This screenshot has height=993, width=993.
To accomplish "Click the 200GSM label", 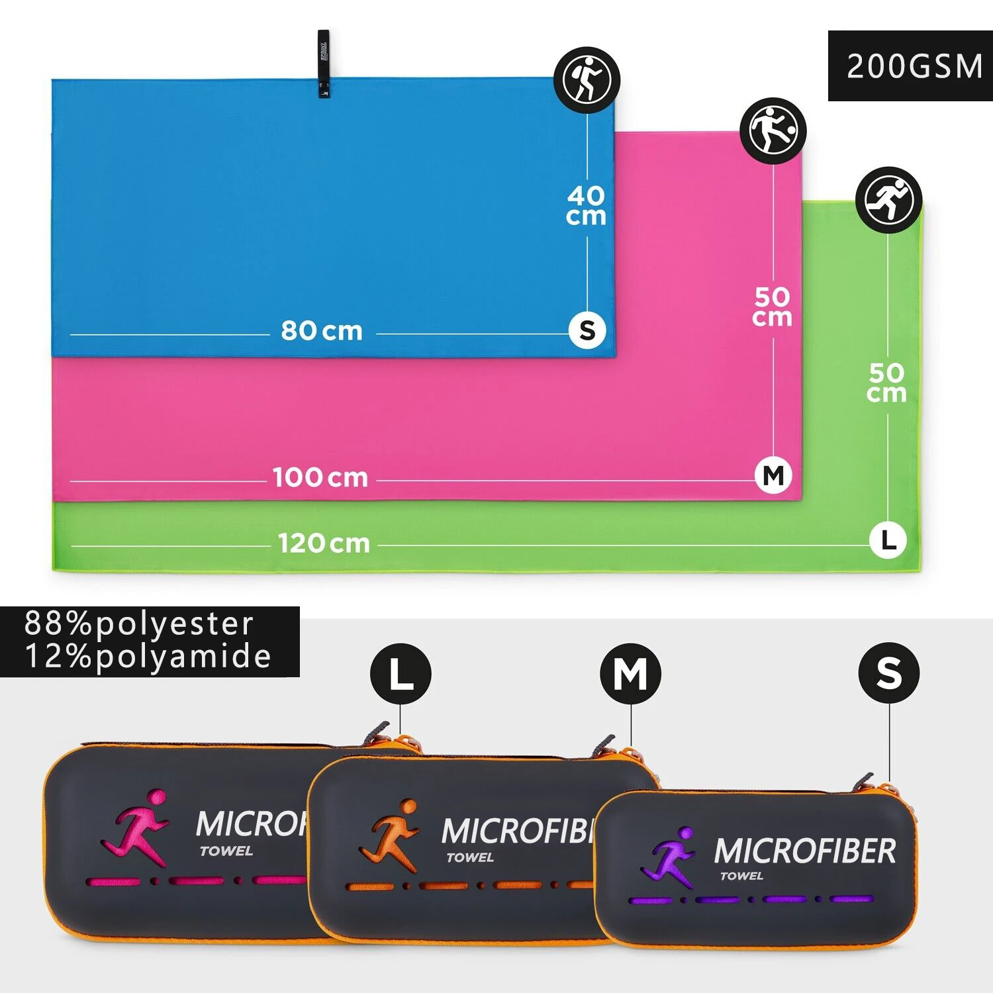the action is (914, 66).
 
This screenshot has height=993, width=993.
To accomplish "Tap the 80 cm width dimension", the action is (322, 330).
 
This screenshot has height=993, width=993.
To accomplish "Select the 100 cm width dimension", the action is (320, 477).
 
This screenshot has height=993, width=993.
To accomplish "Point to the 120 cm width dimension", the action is (324, 544).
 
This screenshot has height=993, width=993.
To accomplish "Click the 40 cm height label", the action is (586, 205).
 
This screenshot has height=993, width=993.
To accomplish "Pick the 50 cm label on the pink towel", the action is (772, 307).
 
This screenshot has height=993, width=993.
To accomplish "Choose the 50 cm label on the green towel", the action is (886, 383).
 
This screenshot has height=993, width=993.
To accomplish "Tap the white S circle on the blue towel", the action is (587, 330).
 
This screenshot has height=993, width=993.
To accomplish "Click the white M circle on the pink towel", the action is (773, 475).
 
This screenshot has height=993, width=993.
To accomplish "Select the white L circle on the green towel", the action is (888, 540).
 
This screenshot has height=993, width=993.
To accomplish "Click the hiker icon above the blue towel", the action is (587, 79).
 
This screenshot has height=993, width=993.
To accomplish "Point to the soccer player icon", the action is (773, 130).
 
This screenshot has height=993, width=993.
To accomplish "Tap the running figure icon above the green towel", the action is (888, 199).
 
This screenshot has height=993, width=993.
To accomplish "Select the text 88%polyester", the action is (139, 624).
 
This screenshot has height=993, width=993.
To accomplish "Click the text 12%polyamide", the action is (148, 657).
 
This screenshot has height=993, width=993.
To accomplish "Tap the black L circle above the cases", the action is (401, 675).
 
